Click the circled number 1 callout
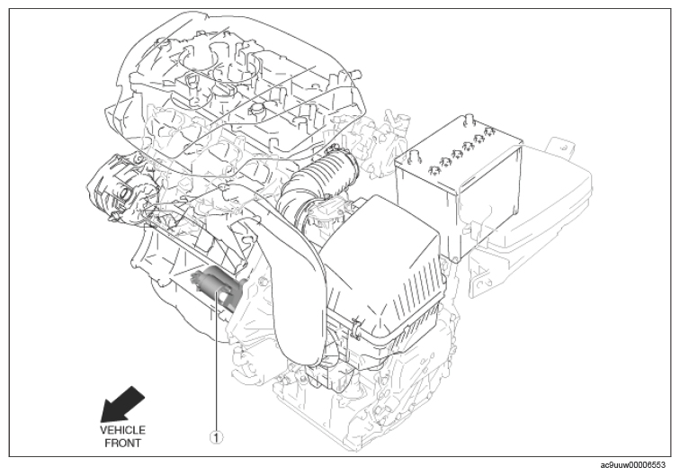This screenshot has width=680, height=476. (x=216, y=437)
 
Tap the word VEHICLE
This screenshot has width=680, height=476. (x=122, y=430)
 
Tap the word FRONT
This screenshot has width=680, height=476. (x=123, y=444)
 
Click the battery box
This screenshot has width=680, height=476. (x=460, y=186)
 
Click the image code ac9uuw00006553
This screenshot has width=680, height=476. (x=632, y=465)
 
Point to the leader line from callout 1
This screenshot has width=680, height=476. (x=216, y=361)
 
